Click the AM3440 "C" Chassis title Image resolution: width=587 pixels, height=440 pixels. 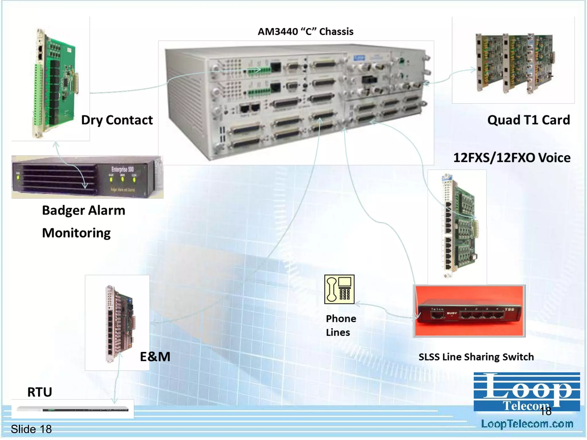click(306, 32)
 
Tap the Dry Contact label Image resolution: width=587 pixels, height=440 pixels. click(117, 120)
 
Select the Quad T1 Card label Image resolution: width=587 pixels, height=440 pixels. click(529, 120)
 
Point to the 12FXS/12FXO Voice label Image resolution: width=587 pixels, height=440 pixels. click(512, 158)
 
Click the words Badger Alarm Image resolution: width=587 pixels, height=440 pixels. click(83, 211)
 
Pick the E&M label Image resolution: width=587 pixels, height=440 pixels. click(155, 357)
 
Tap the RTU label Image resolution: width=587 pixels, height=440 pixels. click(40, 392)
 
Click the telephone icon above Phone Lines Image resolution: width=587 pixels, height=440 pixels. click(339, 289)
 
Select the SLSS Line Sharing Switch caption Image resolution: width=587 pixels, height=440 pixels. click(476, 357)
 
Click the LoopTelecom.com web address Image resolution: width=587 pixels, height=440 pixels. click(527, 424)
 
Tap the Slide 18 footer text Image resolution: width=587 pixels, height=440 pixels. click(31, 429)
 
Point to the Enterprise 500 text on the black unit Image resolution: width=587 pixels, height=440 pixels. click(123, 169)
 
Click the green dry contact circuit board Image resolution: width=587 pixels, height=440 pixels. click(56, 83)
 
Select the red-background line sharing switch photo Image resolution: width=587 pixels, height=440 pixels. click(469, 311)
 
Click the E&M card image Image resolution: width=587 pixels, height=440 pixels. click(120, 324)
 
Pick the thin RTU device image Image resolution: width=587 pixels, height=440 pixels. click(73, 409)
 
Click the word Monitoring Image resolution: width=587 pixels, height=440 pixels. click(76, 233)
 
